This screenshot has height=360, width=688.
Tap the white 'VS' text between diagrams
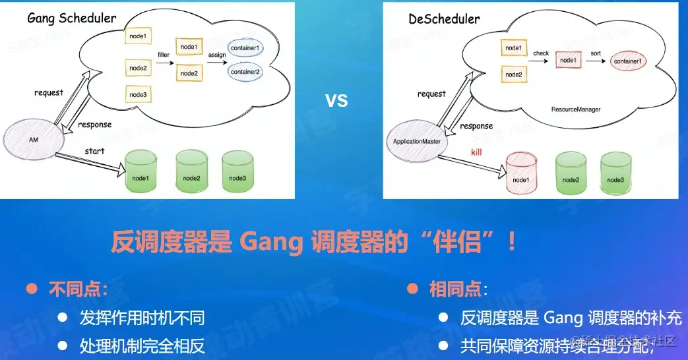click(x=336, y=101)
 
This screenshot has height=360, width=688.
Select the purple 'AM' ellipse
click(x=33, y=140)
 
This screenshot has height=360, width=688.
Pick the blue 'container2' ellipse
click(x=245, y=71)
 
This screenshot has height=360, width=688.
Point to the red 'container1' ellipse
click(x=629, y=61)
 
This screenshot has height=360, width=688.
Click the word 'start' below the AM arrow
click(x=94, y=151)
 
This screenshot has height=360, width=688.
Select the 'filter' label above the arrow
click(x=164, y=53)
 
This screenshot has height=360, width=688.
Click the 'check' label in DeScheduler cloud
click(x=540, y=53)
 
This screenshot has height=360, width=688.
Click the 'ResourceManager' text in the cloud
click(x=576, y=109)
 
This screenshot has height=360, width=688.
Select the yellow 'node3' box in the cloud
click(x=138, y=94)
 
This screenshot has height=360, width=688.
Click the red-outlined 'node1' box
click(x=568, y=60)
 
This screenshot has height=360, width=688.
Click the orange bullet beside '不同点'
click(x=30, y=289)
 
